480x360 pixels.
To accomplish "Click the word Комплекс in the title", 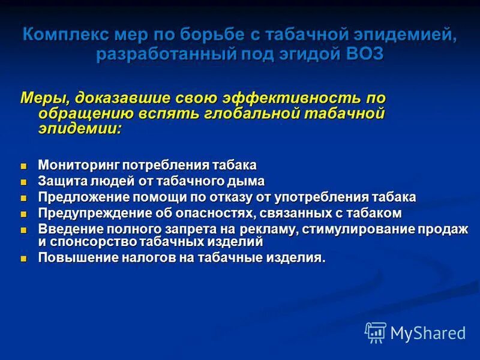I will point(59,34).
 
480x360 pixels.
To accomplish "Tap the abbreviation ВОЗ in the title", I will point(362,53).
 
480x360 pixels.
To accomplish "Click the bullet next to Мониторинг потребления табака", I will point(24,166).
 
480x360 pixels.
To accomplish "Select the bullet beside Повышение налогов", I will point(24,259).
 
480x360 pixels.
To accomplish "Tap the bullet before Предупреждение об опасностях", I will point(24,214).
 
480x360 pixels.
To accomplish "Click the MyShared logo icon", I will point(376,332).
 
